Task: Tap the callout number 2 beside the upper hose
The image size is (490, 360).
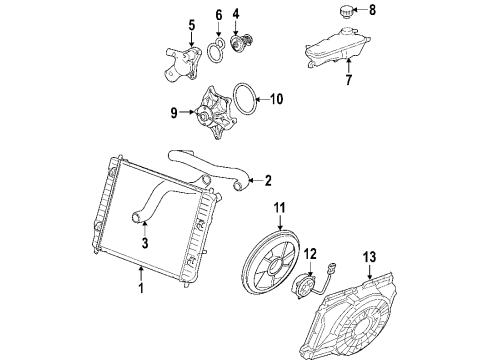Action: (268, 181)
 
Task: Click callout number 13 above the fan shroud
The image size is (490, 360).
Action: (370, 258)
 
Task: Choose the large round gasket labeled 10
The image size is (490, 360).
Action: (243, 103)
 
